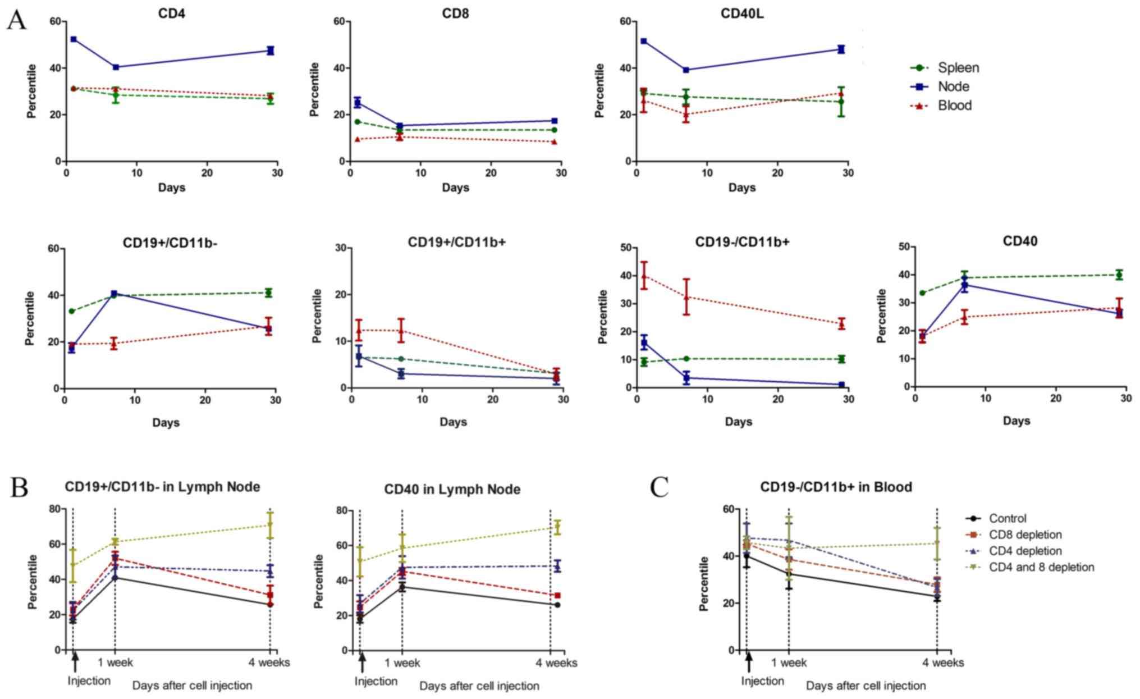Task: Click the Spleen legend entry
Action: point(958,68)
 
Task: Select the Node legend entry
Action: point(953,86)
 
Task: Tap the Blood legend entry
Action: point(954,106)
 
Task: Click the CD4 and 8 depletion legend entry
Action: point(1041,567)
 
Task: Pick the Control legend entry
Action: point(1008,519)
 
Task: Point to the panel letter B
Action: point(19,487)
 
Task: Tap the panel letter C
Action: point(660,487)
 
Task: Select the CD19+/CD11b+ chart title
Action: point(457,243)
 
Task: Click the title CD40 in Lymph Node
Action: point(452,490)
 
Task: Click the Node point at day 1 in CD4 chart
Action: point(74,39)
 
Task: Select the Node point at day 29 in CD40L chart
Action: point(841,49)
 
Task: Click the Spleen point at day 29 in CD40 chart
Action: point(1119,275)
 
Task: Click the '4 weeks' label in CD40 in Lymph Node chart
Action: point(556,663)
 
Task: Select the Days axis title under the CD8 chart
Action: point(455,188)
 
